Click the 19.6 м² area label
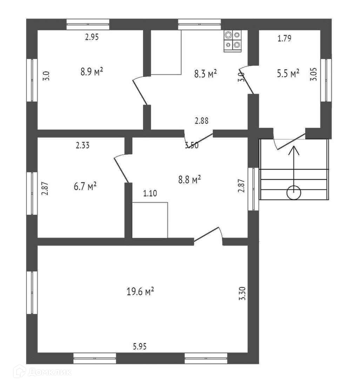140,291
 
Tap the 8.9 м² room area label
92,72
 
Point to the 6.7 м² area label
85,186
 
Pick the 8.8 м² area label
189,180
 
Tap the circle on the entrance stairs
294,192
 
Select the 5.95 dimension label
139,347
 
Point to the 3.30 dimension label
242,293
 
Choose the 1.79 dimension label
284,39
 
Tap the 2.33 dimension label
82,145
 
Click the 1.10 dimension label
150,193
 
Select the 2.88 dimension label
202,121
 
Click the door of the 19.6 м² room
208,235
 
